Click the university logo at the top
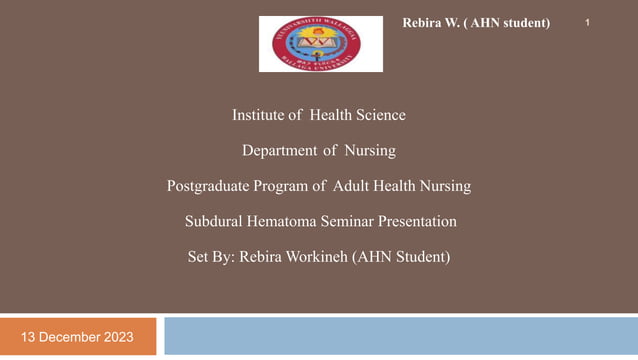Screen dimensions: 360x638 click(x=320, y=44)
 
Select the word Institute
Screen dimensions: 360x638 click(x=259, y=115)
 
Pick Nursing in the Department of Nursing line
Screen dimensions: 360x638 click(x=370, y=151)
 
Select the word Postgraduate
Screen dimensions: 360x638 click(x=209, y=186)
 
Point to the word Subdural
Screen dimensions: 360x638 click(x=214, y=221)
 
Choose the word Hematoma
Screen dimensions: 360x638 click(x=284, y=221)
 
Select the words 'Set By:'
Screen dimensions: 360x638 click(x=211, y=257)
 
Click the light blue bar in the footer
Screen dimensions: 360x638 click(x=400, y=336)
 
